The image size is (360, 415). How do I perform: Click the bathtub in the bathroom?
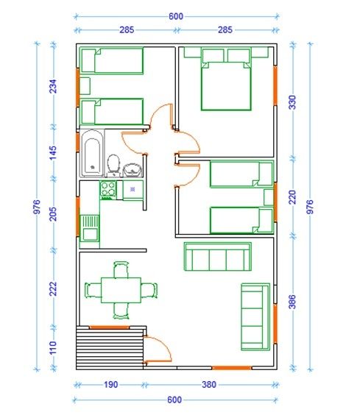click(92, 153)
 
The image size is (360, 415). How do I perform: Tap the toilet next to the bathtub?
click(113, 165)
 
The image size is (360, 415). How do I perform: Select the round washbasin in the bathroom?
click(133, 170)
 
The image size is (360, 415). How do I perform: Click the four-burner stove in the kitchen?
click(108, 190)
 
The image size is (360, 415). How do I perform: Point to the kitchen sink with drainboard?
click(90, 228)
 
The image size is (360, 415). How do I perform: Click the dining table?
click(121, 290)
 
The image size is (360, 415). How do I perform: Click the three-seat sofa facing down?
click(218, 257)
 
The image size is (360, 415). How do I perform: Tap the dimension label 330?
click(292, 102)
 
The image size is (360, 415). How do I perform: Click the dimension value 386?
click(292, 302)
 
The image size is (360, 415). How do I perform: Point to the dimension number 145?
click(53, 152)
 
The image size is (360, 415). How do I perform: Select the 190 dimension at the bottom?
click(110, 384)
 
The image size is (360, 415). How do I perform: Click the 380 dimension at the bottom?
click(209, 384)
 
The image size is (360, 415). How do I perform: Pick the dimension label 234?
click(53, 86)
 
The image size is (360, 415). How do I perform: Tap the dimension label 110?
click(53, 347)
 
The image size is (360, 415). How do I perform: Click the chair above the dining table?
click(121, 269)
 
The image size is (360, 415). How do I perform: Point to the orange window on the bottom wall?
click(231, 368)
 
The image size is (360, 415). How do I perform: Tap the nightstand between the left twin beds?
click(85, 86)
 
